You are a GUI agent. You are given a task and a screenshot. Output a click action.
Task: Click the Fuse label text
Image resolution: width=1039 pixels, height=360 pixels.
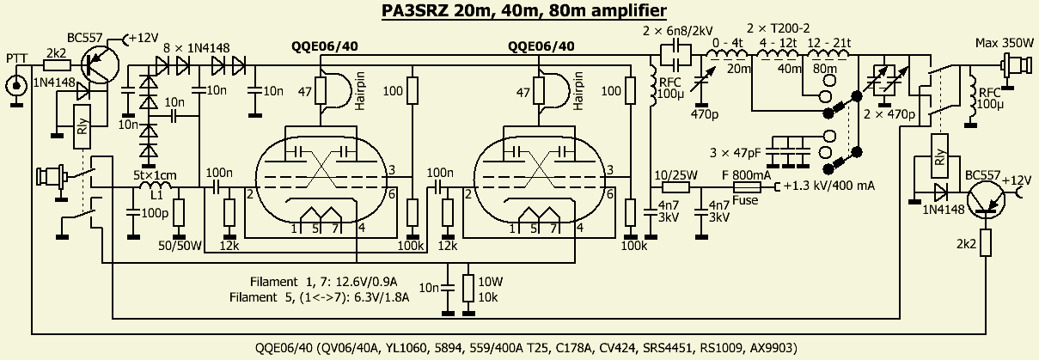[745, 199]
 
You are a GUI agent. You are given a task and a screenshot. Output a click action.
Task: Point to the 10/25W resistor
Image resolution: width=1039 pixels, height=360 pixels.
[676, 186]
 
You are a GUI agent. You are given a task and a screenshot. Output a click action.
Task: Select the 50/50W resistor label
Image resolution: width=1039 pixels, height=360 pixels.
[181, 247]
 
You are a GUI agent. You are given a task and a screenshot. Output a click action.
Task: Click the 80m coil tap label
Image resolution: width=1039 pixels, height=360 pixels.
[825, 68]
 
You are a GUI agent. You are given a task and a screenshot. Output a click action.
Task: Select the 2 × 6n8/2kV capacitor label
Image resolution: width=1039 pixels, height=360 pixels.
[675, 32]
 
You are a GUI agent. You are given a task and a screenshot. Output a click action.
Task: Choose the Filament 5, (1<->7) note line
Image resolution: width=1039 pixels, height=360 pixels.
[319, 298]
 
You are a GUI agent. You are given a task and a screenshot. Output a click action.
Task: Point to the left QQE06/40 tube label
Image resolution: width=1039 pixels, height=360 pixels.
[319, 47]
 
